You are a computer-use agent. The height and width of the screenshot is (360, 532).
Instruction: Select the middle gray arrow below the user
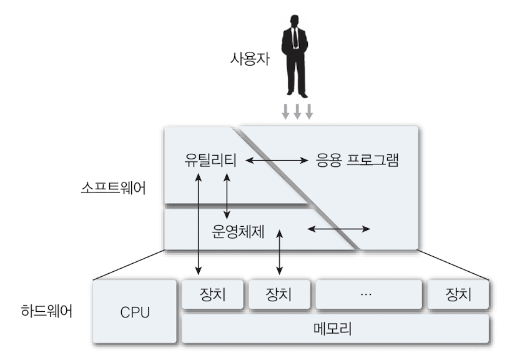297,111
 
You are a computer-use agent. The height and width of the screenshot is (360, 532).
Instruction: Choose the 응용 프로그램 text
353,160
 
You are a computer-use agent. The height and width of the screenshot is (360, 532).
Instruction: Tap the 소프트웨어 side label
114,187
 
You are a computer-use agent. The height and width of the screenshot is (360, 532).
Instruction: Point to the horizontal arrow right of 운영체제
339,229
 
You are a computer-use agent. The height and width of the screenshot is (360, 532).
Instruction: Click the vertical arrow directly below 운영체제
279,252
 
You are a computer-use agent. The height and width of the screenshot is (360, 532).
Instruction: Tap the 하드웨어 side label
46,311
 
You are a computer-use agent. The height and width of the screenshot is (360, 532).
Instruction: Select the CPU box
135,312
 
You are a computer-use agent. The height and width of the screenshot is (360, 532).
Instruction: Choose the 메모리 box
335,329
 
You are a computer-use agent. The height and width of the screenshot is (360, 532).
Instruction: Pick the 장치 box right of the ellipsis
458,294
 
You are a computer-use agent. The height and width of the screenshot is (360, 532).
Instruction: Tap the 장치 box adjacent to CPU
212,294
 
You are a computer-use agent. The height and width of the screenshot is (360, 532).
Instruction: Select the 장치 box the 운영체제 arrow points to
279,294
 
